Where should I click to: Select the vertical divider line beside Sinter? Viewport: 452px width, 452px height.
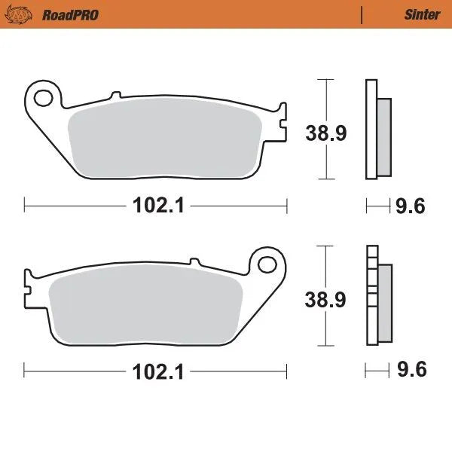362,14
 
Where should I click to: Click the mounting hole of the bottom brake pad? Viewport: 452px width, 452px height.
267,264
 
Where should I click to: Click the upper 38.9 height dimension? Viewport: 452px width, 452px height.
325,133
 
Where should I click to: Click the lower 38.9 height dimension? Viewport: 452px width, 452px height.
325,300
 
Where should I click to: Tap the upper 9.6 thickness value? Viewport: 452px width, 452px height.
411,205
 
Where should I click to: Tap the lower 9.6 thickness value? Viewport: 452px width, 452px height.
411,371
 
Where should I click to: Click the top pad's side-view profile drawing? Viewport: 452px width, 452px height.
377,130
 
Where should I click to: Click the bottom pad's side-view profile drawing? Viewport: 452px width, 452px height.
377,296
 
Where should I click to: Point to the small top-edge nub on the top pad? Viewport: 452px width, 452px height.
115,96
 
